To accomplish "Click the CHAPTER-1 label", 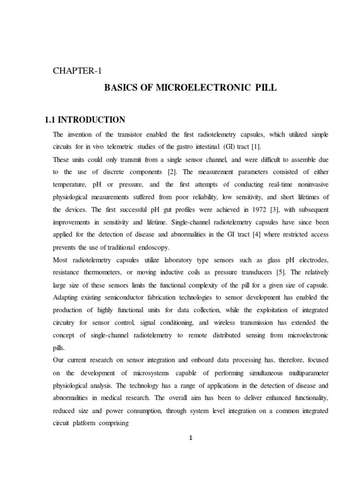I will pos(77,71).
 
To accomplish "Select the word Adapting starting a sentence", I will pos(68,297).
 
